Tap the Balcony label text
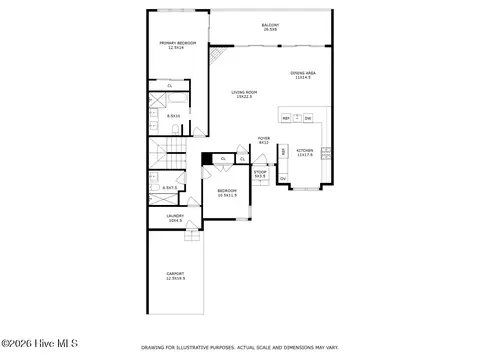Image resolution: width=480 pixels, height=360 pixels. click(x=270, y=27)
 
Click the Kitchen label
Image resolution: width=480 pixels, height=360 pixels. click(x=305, y=153)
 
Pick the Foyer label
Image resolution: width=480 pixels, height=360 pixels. click(x=264, y=140)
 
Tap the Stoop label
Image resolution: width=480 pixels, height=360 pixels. click(x=260, y=173)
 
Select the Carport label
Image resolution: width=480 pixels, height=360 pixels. click(x=175, y=276)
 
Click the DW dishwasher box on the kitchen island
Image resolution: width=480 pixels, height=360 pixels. click(x=308, y=118)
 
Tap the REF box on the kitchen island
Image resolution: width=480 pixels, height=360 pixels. click(x=286, y=118)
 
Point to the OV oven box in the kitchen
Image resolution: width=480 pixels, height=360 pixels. click(x=283, y=179)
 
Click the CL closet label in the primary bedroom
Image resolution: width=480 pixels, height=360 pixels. click(x=170, y=86)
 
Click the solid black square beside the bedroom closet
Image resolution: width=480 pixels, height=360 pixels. click(x=207, y=158)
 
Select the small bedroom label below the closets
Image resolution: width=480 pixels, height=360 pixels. click(x=227, y=192)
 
